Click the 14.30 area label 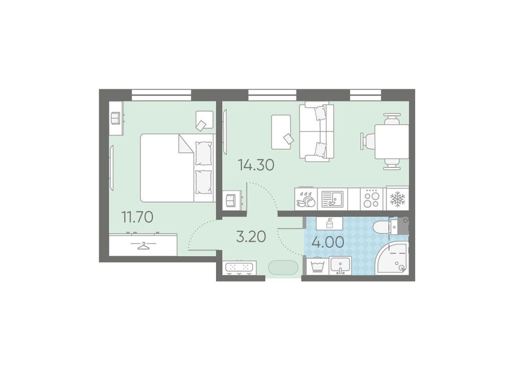256,165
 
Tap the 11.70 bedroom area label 137,217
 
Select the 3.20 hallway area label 251,236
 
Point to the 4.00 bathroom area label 328,242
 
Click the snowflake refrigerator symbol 397,199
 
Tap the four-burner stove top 372,199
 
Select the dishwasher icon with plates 306,199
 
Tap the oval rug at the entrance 283,267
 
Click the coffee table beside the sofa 281,132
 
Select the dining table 392,142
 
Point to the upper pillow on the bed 203,153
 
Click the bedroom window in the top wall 161,95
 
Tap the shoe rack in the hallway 241,268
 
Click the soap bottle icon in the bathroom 330,224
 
